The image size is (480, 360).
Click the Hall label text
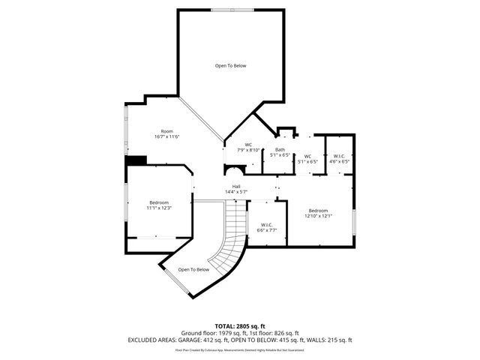235,186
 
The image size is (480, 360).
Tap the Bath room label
279,150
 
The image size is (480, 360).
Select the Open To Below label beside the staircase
193,269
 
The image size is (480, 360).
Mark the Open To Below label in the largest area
230,66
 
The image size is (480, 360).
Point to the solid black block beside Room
136,160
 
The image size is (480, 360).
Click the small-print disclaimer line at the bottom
240,349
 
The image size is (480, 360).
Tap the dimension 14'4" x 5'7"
235,192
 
